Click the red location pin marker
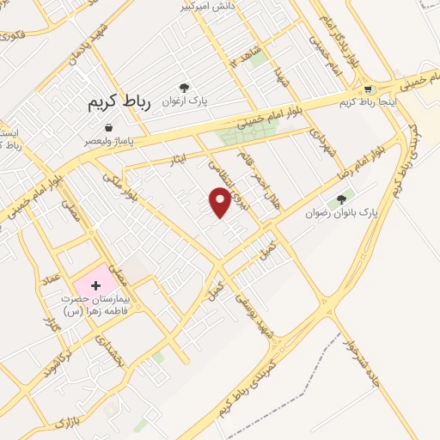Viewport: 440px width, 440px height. tap(220, 201)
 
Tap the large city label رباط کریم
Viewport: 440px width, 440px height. tap(119, 103)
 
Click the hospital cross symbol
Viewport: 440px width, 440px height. tap(95, 284)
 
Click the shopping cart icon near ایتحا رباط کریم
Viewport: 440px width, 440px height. tap(369, 89)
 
